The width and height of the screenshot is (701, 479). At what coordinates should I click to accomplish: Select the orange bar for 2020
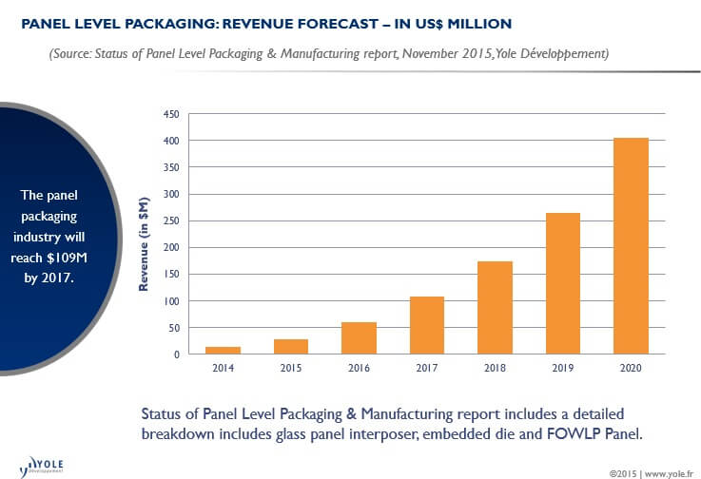[631, 246]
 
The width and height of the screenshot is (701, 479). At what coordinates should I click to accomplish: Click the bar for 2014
[223, 351]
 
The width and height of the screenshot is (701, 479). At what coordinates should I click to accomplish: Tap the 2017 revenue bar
[427, 325]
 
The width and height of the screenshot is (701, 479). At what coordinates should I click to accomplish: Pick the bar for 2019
[563, 283]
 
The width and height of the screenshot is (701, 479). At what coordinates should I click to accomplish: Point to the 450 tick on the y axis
[171, 114]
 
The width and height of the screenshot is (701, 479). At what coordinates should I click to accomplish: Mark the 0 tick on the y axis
[176, 354]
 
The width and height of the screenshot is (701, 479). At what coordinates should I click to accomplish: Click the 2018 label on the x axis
[495, 368]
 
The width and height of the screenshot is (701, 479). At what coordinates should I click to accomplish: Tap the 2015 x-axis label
[291, 368]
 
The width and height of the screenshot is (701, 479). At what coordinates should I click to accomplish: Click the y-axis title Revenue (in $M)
[145, 235]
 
